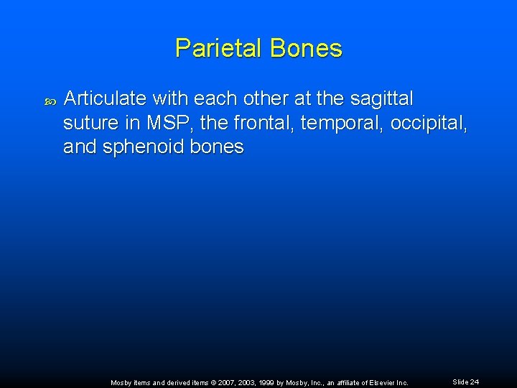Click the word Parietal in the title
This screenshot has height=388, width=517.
(220, 49)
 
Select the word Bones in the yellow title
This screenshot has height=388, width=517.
(307, 49)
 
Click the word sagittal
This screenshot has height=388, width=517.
(383, 98)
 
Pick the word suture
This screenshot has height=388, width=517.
(86, 123)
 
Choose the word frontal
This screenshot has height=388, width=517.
(262, 123)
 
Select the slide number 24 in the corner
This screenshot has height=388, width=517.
(474, 382)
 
